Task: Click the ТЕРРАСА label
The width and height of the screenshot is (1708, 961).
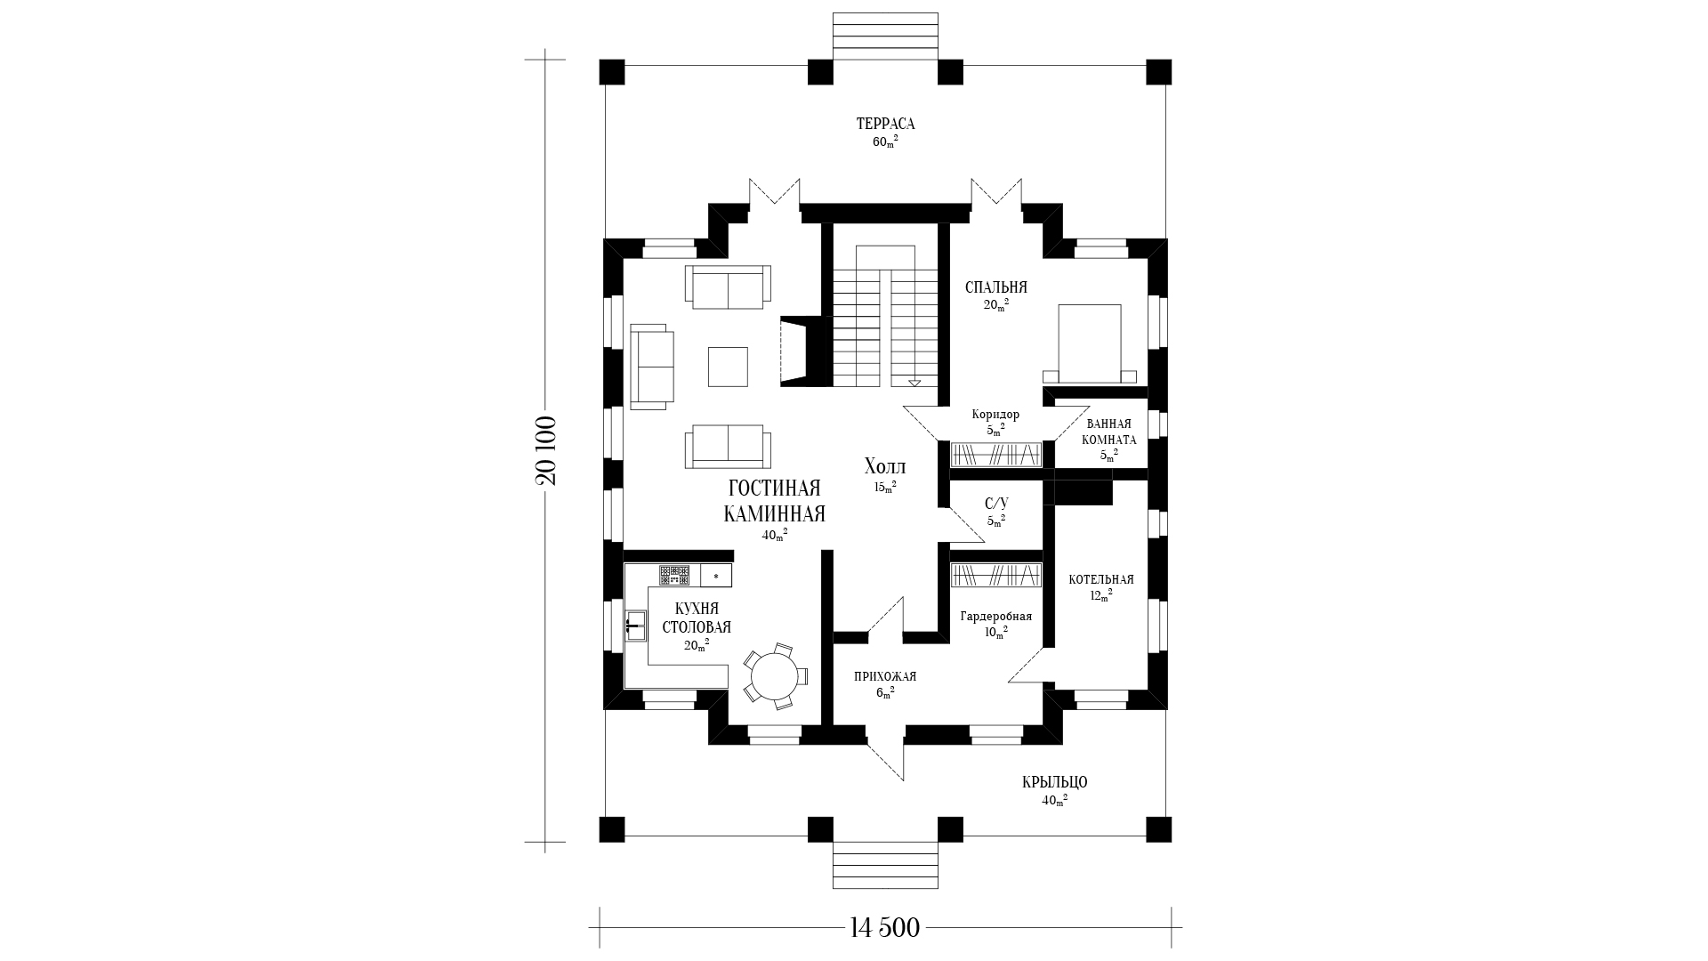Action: (x=885, y=124)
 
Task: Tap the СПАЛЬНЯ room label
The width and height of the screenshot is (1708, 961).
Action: (x=996, y=287)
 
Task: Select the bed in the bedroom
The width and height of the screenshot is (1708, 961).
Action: (x=1089, y=343)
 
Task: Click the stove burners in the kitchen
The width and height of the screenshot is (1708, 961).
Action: (x=674, y=575)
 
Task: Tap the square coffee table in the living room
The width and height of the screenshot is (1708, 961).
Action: (x=728, y=366)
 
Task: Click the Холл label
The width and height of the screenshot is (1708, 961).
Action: (x=885, y=467)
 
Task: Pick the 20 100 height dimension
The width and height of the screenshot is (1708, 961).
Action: (x=545, y=450)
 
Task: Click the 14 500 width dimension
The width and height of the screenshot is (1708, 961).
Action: (x=884, y=928)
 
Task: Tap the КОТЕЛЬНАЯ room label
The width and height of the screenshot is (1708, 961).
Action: (x=1101, y=580)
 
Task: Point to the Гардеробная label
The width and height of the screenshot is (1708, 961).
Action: (x=996, y=617)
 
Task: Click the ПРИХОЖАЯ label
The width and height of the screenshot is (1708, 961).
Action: (x=885, y=676)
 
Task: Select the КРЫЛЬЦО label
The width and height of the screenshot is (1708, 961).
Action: (x=1055, y=782)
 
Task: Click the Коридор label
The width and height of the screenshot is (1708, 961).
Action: (x=996, y=415)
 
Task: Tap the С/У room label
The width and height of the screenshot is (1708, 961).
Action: (x=996, y=504)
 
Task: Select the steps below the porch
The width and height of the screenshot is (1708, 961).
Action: (x=885, y=865)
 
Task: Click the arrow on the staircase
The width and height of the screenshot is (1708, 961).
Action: (x=914, y=383)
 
